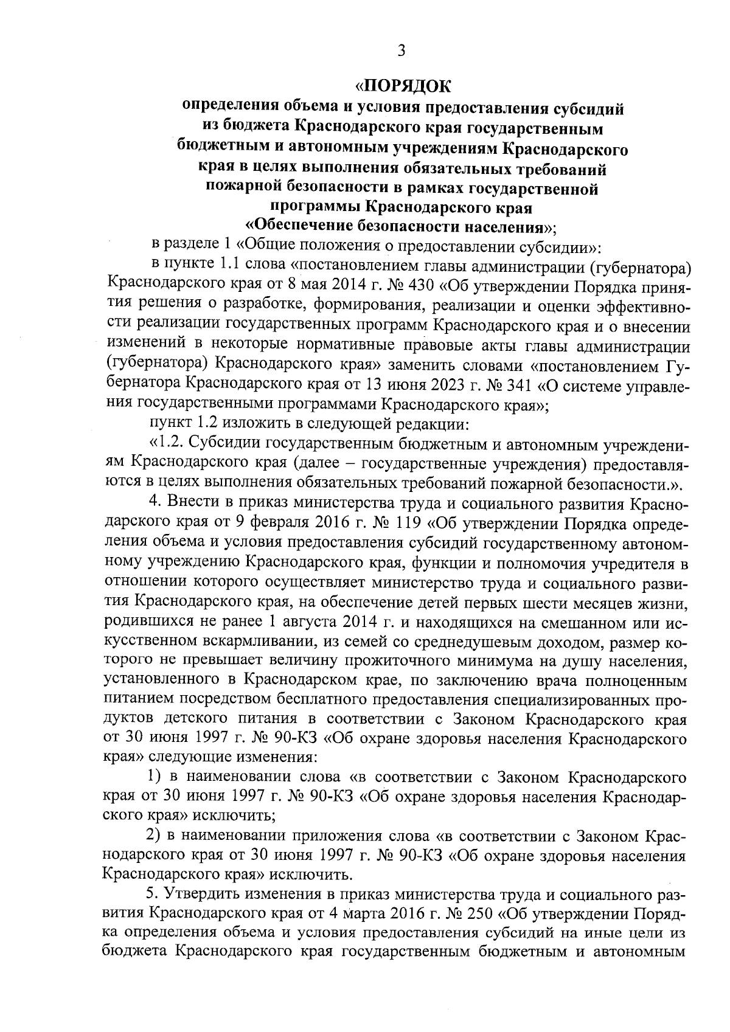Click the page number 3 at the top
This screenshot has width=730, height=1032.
401,51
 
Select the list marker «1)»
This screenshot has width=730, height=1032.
156,777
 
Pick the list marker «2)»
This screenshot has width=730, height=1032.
156,836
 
